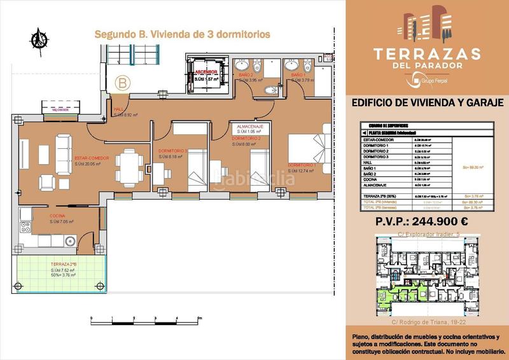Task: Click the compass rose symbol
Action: click(x=40, y=39)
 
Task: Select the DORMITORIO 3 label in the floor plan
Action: click(x=172, y=151)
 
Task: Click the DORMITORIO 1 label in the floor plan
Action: click(x=302, y=165)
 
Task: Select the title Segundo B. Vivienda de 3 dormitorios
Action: click(x=182, y=34)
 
